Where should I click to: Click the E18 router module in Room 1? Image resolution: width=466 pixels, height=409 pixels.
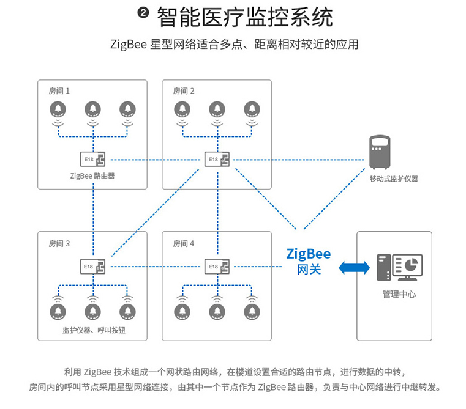pyautogui.click(x=93, y=160)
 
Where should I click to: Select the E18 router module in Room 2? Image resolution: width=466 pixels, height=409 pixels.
pyautogui.click(x=217, y=160)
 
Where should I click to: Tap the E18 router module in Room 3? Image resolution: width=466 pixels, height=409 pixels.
pyautogui.click(x=93, y=267)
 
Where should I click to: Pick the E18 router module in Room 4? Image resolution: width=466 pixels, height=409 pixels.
pyautogui.click(x=217, y=267)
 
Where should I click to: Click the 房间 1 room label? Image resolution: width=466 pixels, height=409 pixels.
pyautogui.click(x=59, y=91)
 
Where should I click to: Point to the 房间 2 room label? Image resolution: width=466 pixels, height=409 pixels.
pyautogui.click(x=183, y=91)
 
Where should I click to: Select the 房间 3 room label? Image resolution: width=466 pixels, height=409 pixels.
pyautogui.click(x=59, y=243)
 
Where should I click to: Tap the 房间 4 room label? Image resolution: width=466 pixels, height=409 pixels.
pyautogui.click(x=183, y=243)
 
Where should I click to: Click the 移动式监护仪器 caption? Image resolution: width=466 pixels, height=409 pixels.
pyautogui.click(x=394, y=179)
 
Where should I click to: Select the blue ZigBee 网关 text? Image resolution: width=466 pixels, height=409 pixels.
pyautogui.click(x=309, y=261)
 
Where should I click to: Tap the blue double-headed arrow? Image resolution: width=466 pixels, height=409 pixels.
pyautogui.click(x=355, y=267)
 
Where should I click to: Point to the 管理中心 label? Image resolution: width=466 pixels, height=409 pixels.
pyautogui.click(x=399, y=294)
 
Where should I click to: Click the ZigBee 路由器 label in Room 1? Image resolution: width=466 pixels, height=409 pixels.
pyautogui.click(x=92, y=176)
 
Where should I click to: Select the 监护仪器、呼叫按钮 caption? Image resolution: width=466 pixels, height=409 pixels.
pyautogui.click(x=93, y=330)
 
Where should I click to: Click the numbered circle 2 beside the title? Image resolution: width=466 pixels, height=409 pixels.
pyautogui.click(x=143, y=14)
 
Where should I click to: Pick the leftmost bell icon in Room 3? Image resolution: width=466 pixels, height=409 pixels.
pyautogui.click(x=59, y=311)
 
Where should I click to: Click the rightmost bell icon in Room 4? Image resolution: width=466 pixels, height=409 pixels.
pyautogui.click(x=252, y=311)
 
